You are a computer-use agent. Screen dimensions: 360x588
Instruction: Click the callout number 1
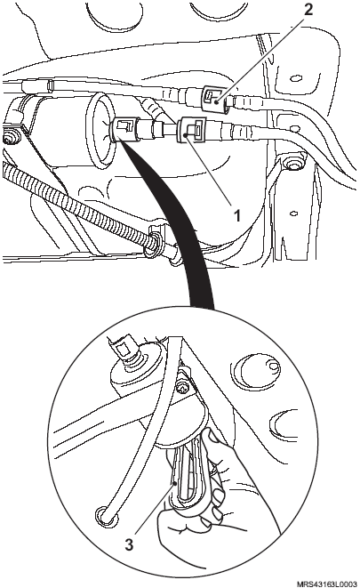click(x=236, y=216)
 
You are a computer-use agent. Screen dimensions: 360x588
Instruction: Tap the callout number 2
click(x=308, y=10)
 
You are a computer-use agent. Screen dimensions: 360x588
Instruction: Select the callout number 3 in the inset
click(x=129, y=544)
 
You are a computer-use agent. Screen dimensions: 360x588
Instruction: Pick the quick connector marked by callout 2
click(x=213, y=98)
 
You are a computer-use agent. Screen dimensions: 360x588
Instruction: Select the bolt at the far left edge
click(x=11, y=136)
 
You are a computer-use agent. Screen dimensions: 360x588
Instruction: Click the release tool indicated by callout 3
click(x=187, y=476)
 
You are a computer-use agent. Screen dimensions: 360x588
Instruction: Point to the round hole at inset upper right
click(x=260, y=369)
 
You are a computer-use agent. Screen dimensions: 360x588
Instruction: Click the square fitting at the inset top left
click(x=123, y=350)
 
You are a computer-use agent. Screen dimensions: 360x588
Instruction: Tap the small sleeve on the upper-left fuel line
click(x=49, y=86)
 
